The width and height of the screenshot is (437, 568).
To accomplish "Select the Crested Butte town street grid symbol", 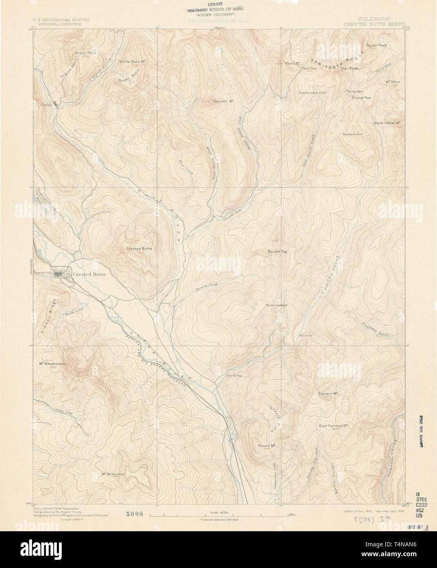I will pyautogui.click(x=59, y=274).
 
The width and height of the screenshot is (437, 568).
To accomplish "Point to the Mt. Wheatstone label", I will pyautogui.click(x=52, y=364).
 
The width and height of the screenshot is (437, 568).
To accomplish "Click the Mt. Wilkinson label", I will pyautogui.click(x=113, y=474).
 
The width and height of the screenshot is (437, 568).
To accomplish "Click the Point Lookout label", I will pyautogui.click(x=276, y=305).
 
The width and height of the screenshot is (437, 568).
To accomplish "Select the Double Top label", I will pyautogui.click(x=278, y=252).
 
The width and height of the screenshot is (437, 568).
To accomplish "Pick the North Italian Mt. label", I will pyautogui.click(x=386, y=123).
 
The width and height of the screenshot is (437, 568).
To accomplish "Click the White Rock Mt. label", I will pyautogui.click(x=133, y=62).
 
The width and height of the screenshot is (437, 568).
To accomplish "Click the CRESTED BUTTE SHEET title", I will pyautogui.click(x=374, y=24).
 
